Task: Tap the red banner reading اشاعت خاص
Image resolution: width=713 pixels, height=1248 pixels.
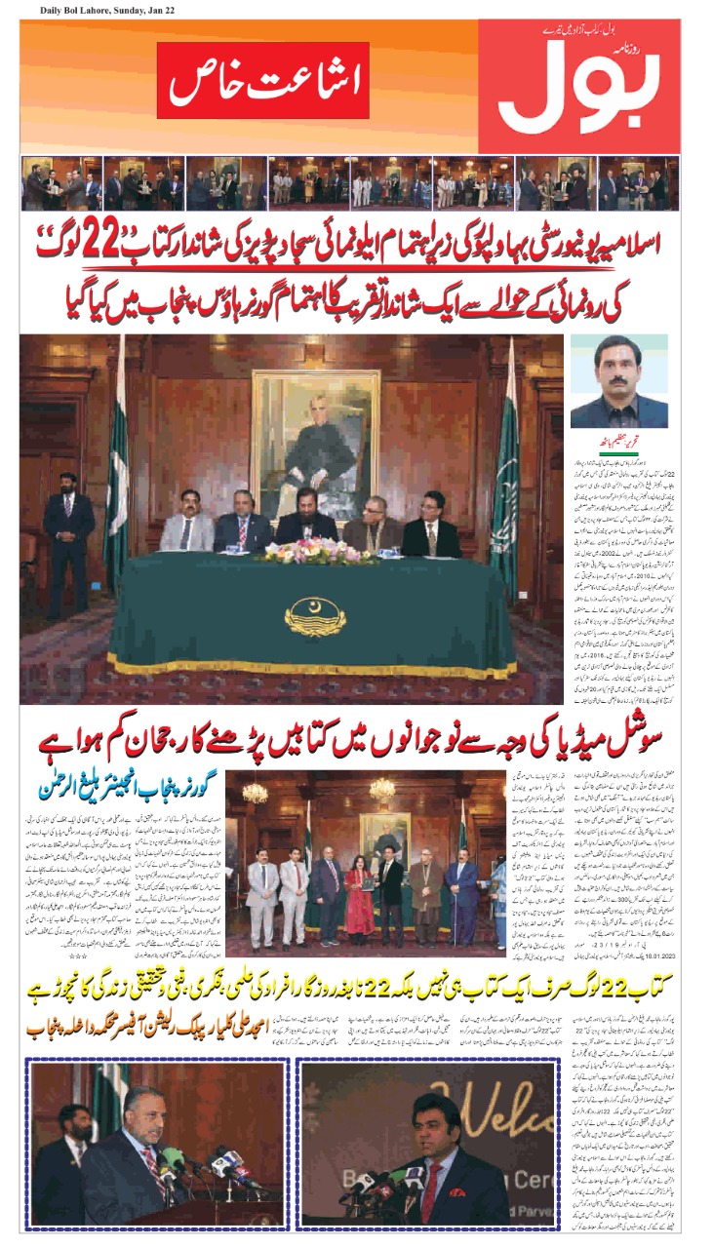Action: click(x=262, y=80)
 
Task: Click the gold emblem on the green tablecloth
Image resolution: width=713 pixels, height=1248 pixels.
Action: click(x=314, y=616)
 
